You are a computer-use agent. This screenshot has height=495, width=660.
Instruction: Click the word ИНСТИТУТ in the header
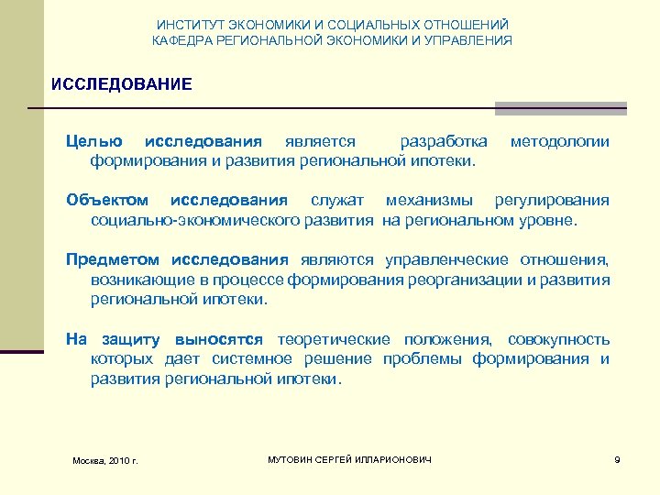[186, 25]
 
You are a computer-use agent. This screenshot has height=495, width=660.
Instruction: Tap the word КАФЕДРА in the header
[182, 40]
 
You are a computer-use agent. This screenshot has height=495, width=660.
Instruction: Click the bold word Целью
[94, 142]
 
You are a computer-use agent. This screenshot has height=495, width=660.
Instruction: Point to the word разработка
[444, 142]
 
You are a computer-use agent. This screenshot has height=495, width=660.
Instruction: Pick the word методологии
[559, 142]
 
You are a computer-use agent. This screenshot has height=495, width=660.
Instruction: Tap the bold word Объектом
[106, 201]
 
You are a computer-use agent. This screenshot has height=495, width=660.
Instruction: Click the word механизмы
[430, 201]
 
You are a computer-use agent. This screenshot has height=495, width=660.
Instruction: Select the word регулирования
[552, 201]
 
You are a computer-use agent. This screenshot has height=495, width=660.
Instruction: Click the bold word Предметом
[113, 260]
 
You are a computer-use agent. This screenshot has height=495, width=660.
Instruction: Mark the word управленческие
[446, 260]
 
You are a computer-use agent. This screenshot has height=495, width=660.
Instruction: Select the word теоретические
[334, 339]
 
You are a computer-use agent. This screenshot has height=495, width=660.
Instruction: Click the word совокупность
[558, 339]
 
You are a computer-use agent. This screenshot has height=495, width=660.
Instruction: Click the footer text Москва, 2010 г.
[105, 459]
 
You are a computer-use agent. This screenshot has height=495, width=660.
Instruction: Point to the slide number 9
[617, 458]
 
